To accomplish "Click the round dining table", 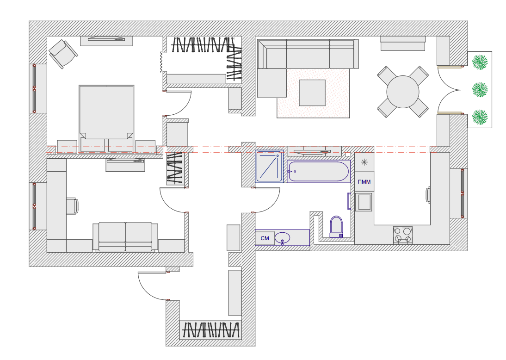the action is (403, 92).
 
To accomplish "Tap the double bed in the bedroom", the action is (106, 112).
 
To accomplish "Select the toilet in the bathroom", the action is (336, 227).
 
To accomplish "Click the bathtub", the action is (319, 172).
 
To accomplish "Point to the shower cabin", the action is (269, 166).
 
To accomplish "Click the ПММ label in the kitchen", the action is (364, 182).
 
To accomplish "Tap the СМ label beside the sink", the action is (265, 238).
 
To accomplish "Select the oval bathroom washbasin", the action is (282, 238).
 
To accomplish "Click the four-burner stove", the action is (403, 235).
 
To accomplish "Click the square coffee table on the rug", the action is (312, 93).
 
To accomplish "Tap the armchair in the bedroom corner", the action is (63, 54).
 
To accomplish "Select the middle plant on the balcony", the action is (480, 89).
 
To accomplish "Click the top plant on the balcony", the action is (480, 62).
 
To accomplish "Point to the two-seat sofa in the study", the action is (125, 236).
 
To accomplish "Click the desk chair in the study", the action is (73, 206).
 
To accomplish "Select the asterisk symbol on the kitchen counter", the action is (364, 162).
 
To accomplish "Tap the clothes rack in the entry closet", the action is (210, 329).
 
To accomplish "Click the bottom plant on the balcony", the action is (480, 117).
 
